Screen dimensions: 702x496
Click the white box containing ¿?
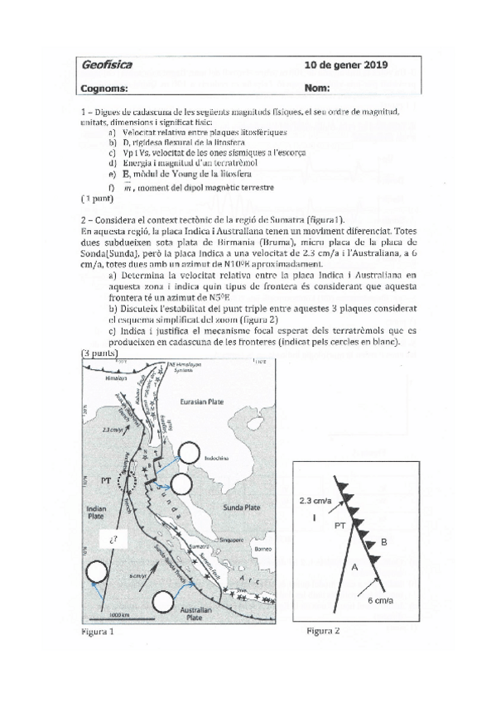click(x=113, y=541)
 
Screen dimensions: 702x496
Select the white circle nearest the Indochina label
click(x=189, y=451)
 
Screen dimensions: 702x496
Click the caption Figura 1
click(x=97, y=633)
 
